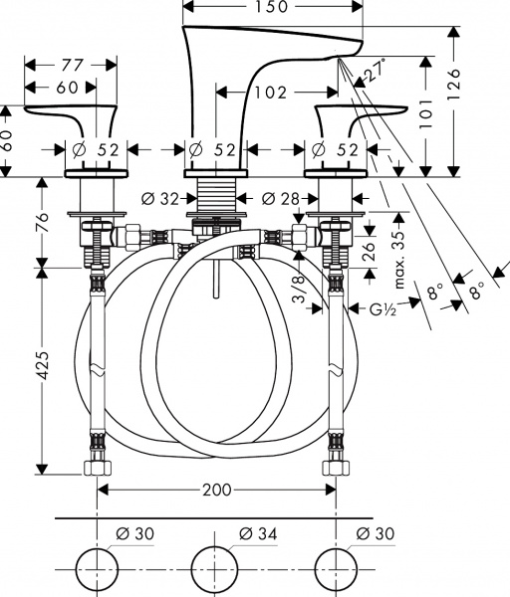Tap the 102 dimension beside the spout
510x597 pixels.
269,92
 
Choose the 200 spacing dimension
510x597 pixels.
216,491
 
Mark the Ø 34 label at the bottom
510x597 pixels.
260,535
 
